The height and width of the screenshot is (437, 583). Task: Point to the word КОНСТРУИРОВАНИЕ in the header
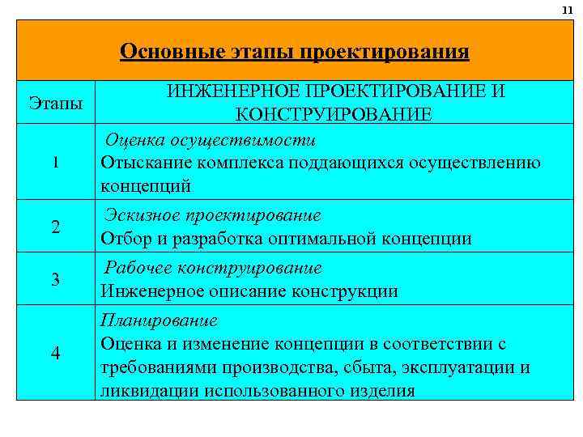click(x=334, y=114)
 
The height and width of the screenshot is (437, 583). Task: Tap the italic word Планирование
click(x=159, y=320)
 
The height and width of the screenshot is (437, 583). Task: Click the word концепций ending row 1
click(x=146, y=187)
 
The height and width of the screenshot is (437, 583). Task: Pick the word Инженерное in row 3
click(x=144, y=291)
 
